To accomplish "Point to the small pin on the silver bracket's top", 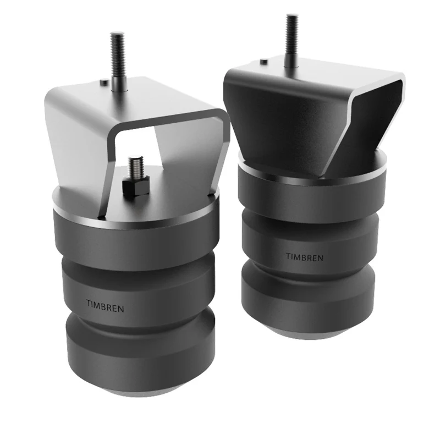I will click(104, 82).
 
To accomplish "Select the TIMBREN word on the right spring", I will click(304, 256).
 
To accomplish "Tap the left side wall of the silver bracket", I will click(77, 143).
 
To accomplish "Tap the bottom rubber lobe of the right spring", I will click(308, 302).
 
